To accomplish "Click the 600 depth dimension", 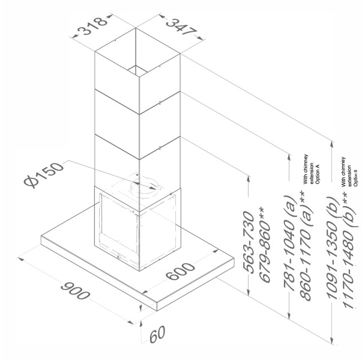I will click(x=181, y=273).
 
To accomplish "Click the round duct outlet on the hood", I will click(x=144, y=185).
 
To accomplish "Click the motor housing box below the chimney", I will click(x=138, y=228).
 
